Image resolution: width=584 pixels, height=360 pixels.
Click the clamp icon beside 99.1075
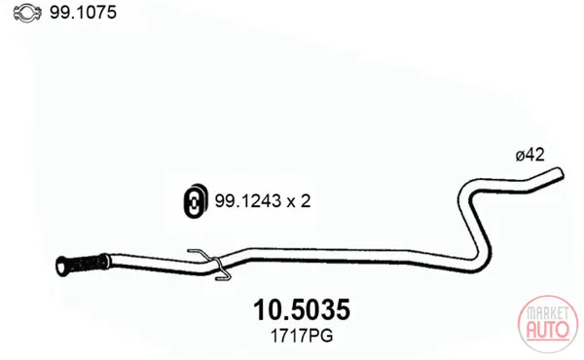[28, 13]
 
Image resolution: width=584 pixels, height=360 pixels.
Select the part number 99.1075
[83, 13]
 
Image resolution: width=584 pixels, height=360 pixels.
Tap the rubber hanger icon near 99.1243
[195, 200]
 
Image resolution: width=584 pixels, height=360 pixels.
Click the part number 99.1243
[247, 201]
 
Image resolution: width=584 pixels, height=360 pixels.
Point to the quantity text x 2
[299, 201]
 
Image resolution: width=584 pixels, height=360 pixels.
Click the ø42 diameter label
[529, 155]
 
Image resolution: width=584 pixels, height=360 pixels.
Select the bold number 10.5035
[302, 309]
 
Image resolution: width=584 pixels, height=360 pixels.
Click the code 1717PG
[302, 337]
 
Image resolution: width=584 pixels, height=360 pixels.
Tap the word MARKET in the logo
[547, 313]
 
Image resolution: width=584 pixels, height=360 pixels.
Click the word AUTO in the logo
[547, 329]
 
